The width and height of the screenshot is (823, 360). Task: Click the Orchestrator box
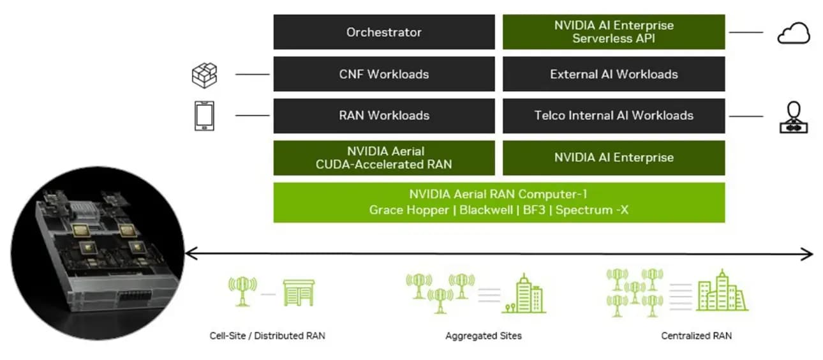383,32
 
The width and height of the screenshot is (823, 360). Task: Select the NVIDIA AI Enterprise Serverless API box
613,32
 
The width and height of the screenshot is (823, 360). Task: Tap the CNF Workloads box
383,74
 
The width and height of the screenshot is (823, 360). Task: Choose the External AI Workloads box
613,74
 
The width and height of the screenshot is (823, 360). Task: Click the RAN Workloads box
383,116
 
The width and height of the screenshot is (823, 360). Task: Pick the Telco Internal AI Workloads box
613,116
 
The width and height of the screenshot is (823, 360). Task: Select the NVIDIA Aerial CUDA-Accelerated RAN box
383,158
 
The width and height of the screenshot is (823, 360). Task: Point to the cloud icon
793,33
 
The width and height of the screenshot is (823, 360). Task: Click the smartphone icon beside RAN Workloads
204,116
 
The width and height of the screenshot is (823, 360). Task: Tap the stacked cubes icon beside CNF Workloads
204,75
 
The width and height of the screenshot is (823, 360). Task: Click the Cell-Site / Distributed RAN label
267,336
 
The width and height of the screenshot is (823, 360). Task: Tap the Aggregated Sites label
483,336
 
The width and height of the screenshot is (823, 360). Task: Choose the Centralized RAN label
696,336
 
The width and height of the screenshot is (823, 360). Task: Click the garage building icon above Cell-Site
299,292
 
